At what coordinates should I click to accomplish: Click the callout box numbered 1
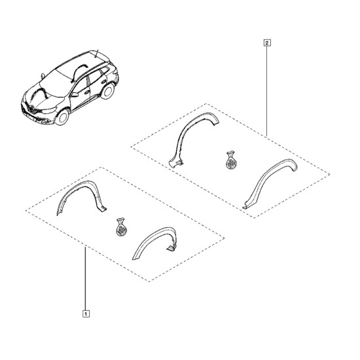pyautogui.click(x=86, y=314)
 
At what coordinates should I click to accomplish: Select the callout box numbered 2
pyautogui.click(x=267, y=43)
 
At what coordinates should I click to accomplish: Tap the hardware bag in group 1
pyautogui.click(x=121, y=227)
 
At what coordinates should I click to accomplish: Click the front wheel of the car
pyautogui.click(x=62, y=117)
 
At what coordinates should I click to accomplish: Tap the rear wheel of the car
pyautogui.click(x=107, y=91)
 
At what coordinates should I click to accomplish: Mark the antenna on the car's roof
pyautogui.click(x=96, y=53)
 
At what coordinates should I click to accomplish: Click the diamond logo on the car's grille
pyautogui.click(x=31, y=108)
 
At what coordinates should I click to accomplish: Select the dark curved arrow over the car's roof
pyautogui.click(x=78, y=71)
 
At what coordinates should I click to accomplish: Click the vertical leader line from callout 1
pyautogui.click(x=85, y=279)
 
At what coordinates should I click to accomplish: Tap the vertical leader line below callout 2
pyautogui.click(x=267, y=91)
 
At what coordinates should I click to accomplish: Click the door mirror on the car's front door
pyautogui.click(x=75, y=94)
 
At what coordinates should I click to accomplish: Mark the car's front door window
pyautogui.click(x=81, y=85)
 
